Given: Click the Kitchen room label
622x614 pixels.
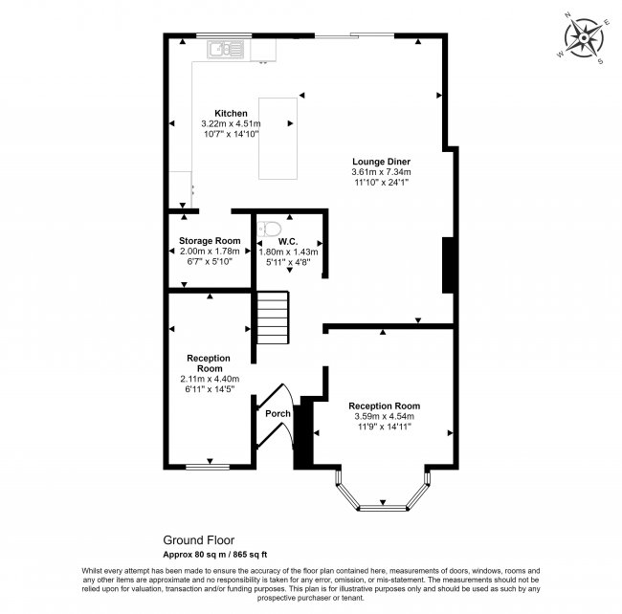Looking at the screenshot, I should click(x=230, y=113).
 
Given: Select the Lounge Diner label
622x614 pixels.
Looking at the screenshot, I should click(x=380, y=161).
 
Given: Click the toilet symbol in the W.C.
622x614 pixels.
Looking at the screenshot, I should click(x=269, y=230).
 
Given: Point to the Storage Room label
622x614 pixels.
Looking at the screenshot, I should click(x=209, y=240).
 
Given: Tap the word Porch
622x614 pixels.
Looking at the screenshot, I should click(x=278, y=413).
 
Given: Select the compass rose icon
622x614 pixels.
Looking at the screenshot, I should click(x=582, y=38).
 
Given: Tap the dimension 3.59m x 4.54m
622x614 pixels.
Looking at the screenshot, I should click(x=384, y=416).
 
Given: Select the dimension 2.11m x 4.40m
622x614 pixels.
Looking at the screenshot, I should click(x=209, y=379).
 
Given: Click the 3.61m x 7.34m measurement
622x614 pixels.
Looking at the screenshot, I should click(x=380, y=171).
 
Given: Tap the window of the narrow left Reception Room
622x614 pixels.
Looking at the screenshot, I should click(x=204, y=466).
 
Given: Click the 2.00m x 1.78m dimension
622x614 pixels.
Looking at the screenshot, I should click(x=209, y=251).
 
